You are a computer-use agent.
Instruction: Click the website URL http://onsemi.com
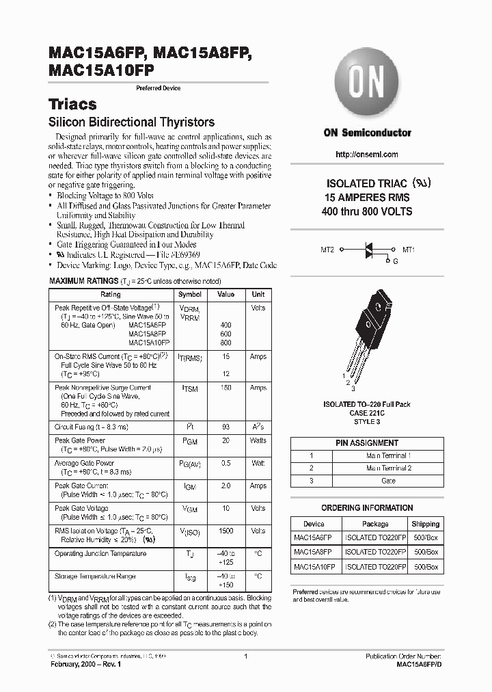[x=367, y=155]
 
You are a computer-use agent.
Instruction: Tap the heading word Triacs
[x=72, y=105]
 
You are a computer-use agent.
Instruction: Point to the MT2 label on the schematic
[x=327, y=250]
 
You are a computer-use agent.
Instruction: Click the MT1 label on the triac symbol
[x=409, y=250]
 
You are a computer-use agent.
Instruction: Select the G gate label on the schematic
[x=394, y=261]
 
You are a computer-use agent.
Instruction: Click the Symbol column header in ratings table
[x=189, y=295]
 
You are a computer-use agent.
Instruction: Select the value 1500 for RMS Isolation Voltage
[x=225, y=531]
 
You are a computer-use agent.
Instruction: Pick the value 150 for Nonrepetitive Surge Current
[x=225, y=388]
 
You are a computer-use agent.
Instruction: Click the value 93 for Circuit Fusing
[x=225, y=427]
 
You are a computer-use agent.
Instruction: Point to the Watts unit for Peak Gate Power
[x=258, y=440]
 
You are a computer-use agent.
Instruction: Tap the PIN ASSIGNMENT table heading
[x=367, y=443]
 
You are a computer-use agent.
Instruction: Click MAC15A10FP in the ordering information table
[x=314, y=567]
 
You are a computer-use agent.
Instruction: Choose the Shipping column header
[x=425, y=524]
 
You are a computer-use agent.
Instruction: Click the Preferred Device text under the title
[x=159, y=89]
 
